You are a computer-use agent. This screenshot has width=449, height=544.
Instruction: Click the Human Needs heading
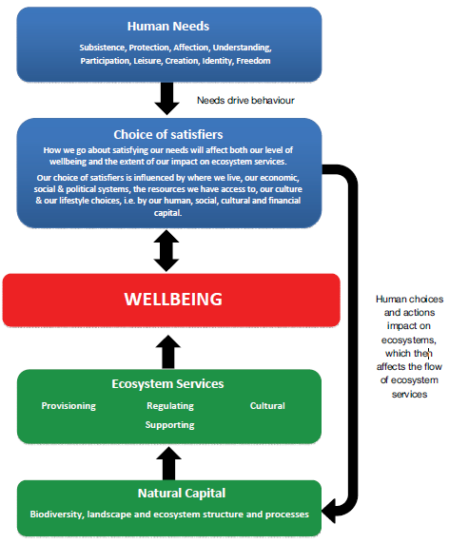point(168,26)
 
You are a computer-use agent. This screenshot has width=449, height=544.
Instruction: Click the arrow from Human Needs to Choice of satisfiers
point(167,97)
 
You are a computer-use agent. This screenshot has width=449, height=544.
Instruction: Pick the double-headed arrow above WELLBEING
point(167,249)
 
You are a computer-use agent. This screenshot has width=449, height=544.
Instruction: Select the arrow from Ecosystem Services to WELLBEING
point(167,351)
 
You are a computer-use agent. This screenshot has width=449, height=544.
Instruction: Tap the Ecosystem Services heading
point(167,384)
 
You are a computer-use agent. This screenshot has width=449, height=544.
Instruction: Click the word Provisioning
point(68,406)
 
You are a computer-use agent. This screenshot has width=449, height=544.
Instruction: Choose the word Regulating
point(170,406)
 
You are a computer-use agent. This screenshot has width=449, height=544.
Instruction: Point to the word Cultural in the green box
point(267,406)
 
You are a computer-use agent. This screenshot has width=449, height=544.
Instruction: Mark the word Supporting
point(170,424)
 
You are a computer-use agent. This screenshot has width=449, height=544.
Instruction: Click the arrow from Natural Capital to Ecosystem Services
point(167,462)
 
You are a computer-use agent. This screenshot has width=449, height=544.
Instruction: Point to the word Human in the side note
point(392,299)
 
